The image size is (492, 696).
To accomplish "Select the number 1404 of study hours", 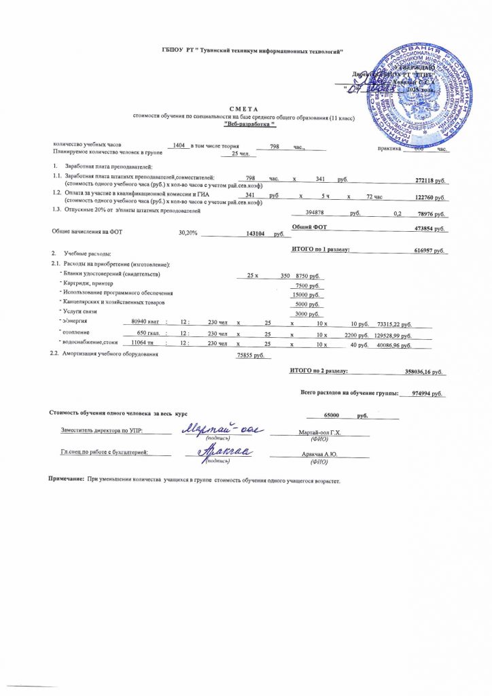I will [179, 147].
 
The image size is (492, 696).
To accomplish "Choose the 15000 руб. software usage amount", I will [305, 295].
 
